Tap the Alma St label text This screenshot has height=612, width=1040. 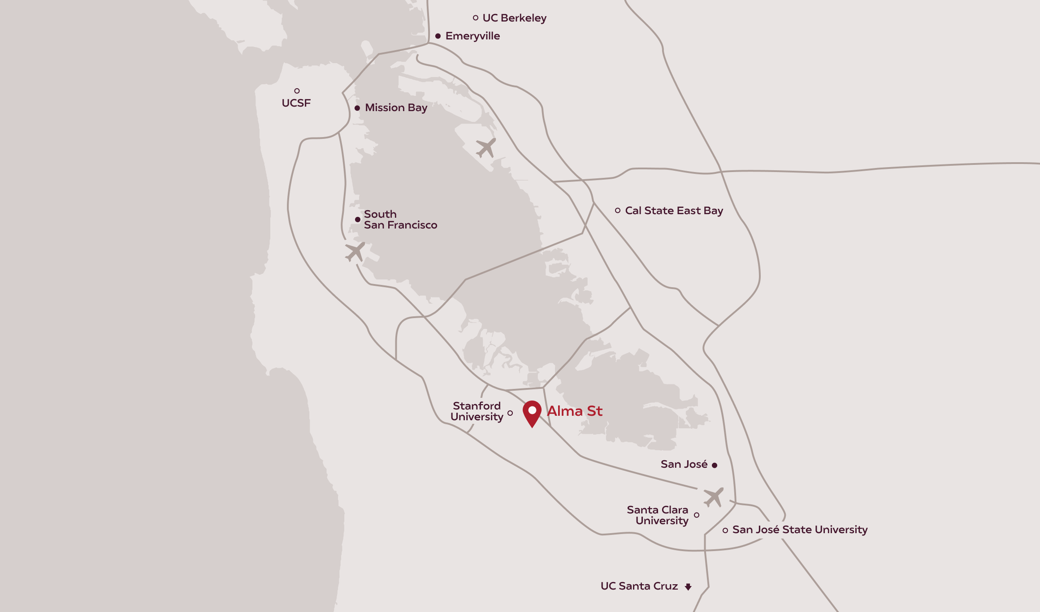click(575, 411)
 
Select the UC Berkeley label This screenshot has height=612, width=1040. click(514, 18)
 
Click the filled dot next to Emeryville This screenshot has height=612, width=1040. click(438, 36)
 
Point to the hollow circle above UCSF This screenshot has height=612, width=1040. click(297, 91)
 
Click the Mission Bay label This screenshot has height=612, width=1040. click(396, 108)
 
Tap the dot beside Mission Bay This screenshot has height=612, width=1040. click(357, 108)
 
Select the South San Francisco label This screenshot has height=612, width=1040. click(400, 220)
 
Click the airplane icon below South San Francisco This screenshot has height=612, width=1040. click(355, 252)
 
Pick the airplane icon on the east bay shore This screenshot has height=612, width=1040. click(486, 147)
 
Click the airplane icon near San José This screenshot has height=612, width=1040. click(713, 497)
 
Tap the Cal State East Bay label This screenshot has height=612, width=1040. click(674, 211)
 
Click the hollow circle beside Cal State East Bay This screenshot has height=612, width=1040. click(618, 211)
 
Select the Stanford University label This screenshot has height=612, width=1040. click(477, 411)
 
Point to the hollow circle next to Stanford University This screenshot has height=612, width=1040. click(510, 413)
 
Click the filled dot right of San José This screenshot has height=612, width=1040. click(715, 465)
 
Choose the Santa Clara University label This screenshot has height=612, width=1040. click(657, 515)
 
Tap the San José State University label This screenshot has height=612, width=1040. click(800, 530)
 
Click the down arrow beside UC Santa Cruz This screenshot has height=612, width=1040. click(688, 586)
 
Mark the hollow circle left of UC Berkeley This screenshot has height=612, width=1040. click(476, 18)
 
